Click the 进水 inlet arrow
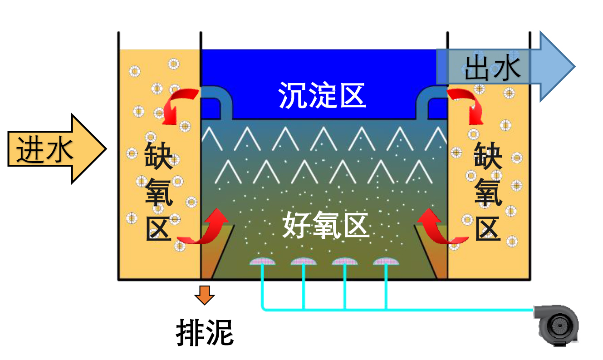point(54,149)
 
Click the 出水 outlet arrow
point(504,67)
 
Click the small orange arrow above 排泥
point(205,295)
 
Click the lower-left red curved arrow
point(202,229)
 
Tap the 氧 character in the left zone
point(158,193)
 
